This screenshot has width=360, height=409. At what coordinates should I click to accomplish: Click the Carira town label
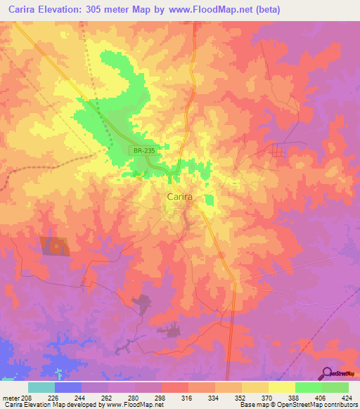click(x=180, y=197)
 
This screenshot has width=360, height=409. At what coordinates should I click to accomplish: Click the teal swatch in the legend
click(x=41, y=387)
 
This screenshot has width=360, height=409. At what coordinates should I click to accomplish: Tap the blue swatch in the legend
click(x=68, y=387)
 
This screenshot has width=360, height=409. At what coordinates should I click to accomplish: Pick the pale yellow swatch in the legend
click(x=282, y=387)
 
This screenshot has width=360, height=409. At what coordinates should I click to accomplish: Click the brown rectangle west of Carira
click(x=54, y=246)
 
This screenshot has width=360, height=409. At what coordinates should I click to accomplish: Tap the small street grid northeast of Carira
click(x=279, y=150)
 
